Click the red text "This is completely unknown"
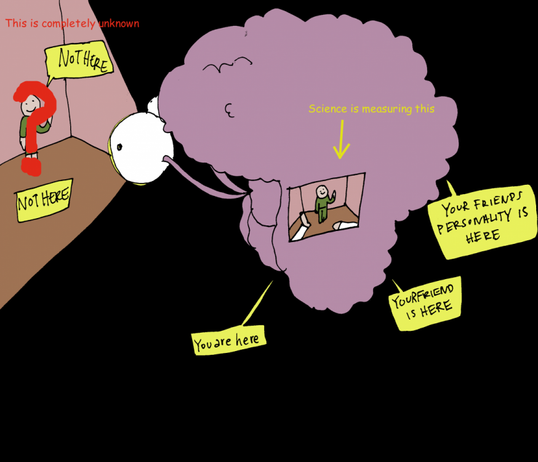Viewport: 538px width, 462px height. [x=72, y=23]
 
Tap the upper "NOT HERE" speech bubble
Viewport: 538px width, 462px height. [x=79, y=60]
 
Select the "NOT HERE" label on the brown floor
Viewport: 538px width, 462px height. [x=44, y=200]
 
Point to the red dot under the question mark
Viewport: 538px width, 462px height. [x=31, y=166]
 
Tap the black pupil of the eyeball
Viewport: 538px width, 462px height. [x=119, y=146]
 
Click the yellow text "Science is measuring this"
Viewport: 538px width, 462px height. [x=371, y=109]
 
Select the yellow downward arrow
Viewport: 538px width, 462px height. [x=340, y=144]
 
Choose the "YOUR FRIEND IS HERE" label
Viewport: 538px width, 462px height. [x=425, y=304]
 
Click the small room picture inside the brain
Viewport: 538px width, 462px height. [x=326, y=206]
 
